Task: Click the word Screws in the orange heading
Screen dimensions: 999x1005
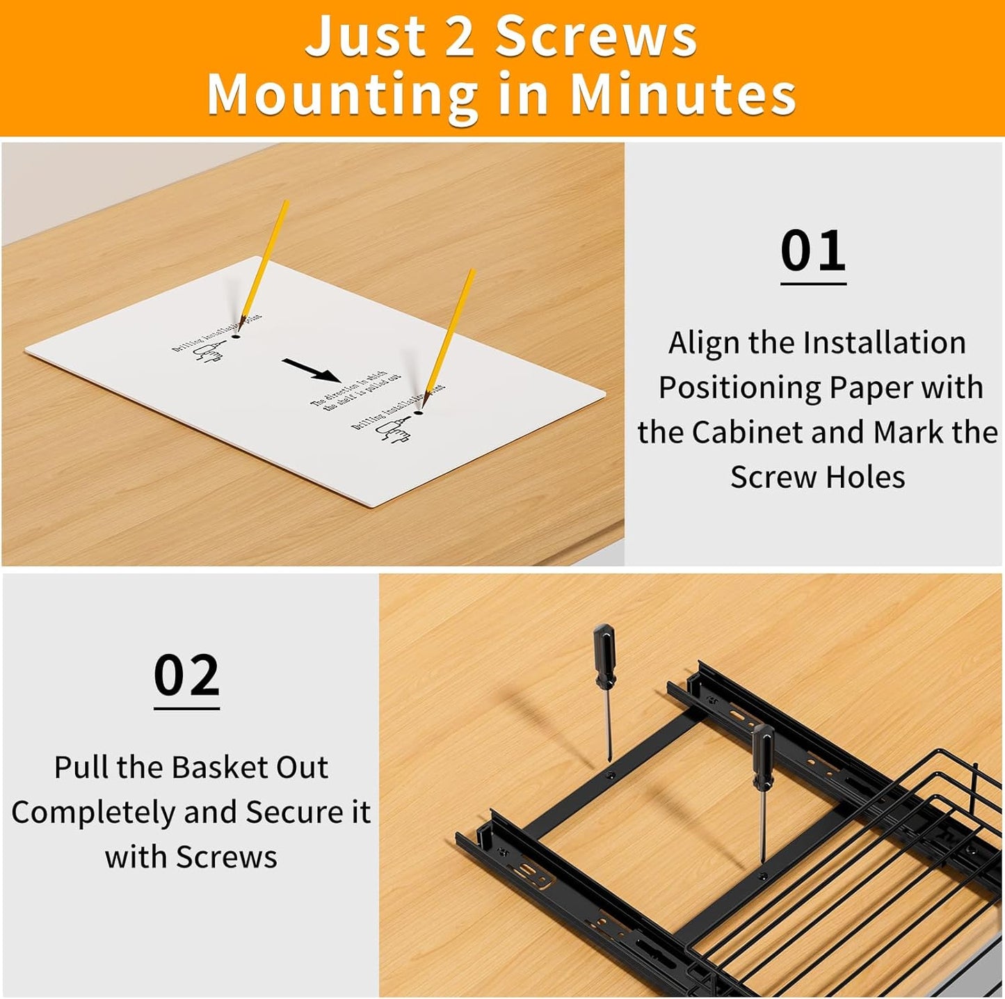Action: point(596,36)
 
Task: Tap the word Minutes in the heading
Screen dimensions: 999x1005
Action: point(683,95)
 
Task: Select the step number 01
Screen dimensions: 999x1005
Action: point(813,251)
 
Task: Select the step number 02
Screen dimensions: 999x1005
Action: point(186,676)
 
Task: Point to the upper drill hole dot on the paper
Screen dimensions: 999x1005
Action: point(236,336)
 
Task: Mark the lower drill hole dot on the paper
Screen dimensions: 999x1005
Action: point(418,413)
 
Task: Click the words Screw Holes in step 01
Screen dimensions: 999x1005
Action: point(818,477)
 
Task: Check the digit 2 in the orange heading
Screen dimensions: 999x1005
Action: point(459,36)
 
